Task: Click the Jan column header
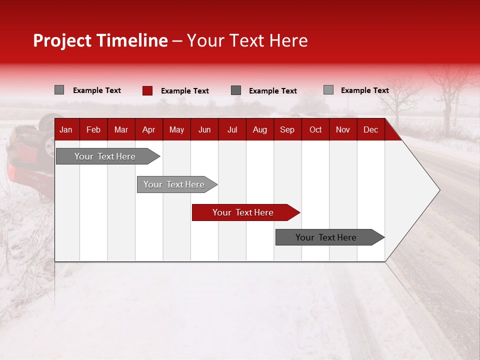click(66, 130)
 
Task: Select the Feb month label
click(93, 130)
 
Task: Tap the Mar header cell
click(121, 130)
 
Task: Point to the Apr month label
click(148, 130)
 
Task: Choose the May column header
click(176, 130)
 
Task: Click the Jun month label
click(204, 130)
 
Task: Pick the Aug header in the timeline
click(259, 130)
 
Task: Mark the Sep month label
click(287, 130)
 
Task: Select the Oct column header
click(315, 130)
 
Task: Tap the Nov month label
click(343, 130)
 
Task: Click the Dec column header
click(370, 130)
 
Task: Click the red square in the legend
click(147, 90)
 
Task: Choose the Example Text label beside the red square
click(184, 91)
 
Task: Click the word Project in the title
click(62, 41)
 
